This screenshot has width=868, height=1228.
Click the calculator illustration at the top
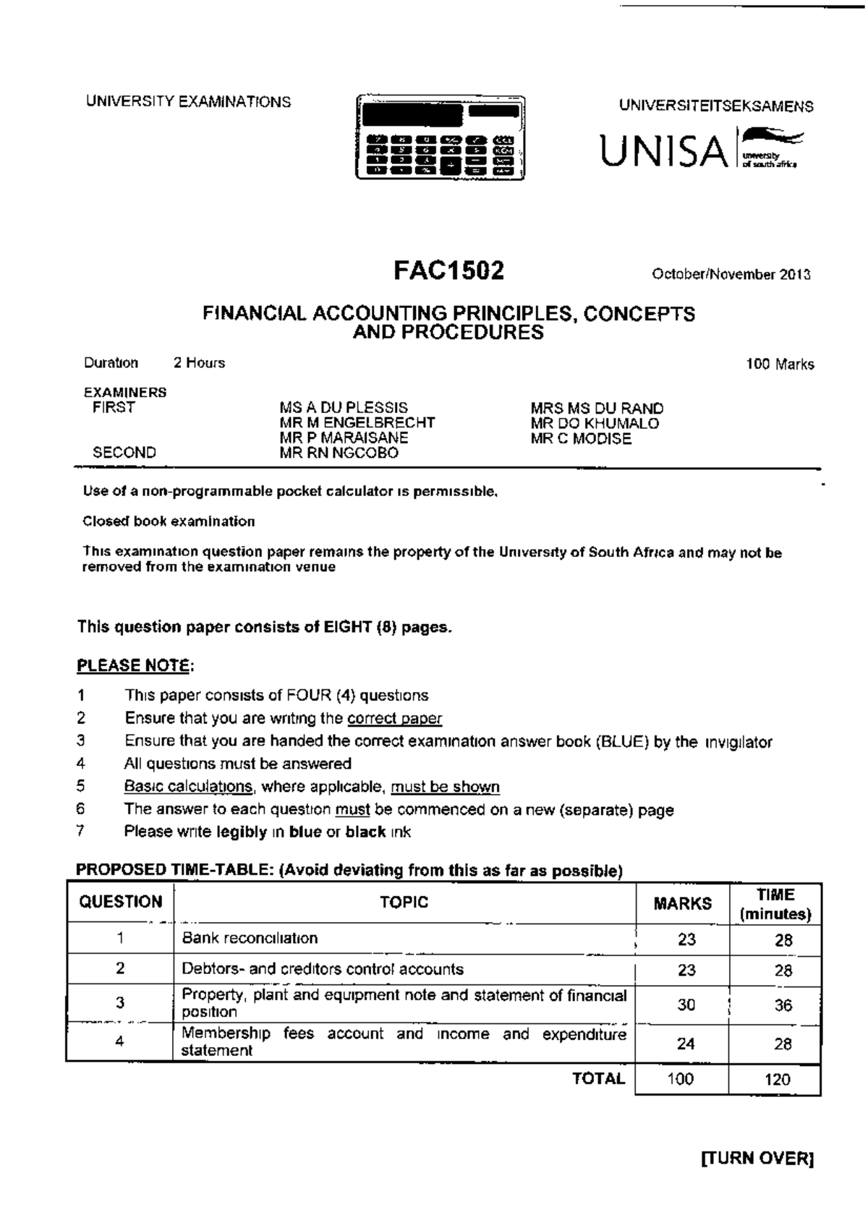pyautogui.click(x=440, y=137)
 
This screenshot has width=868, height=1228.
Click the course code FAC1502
pyautogui.click(x=448, y=271)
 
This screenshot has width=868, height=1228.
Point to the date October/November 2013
pyautogui.click(x=731, y=274)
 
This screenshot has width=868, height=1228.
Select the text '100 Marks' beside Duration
pyautogui.click(x=780, y=364)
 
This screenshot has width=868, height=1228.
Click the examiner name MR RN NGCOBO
pyautogui.click(x=339, y=453)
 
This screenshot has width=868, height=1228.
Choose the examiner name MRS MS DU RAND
pyautogui.click(x=597, y=408)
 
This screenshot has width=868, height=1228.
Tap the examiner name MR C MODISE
pyautogui.click(x=581, y=438)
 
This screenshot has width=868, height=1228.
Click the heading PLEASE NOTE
pyautogui.click(x=135, y=665)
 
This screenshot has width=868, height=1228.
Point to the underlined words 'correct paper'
pyautogui.click(x=394, y=718)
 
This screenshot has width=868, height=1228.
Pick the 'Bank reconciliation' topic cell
pyautogui.click(x=250, y=938)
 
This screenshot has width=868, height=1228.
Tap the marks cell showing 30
pyautogui.click(x=686, y=1004)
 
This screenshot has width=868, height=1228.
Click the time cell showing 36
pyautogui.click(x=783, y=1005)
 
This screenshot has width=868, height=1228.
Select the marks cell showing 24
pyautogui.click(x=685, y=1043)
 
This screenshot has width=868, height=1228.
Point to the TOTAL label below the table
pyautogui.click(x=598, y=1078)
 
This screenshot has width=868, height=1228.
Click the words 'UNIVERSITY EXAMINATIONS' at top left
pyautogui.click(x=188, y=102)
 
